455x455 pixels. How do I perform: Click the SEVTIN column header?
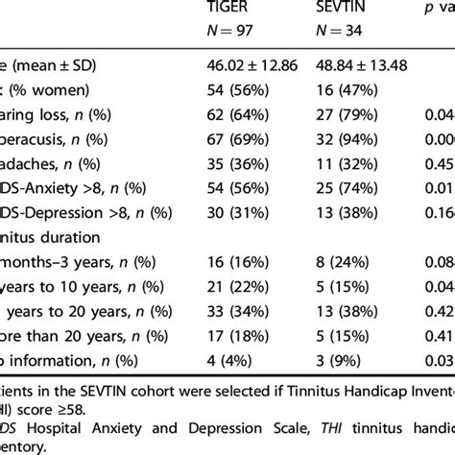pyautogui.click(x=342, y=8)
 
